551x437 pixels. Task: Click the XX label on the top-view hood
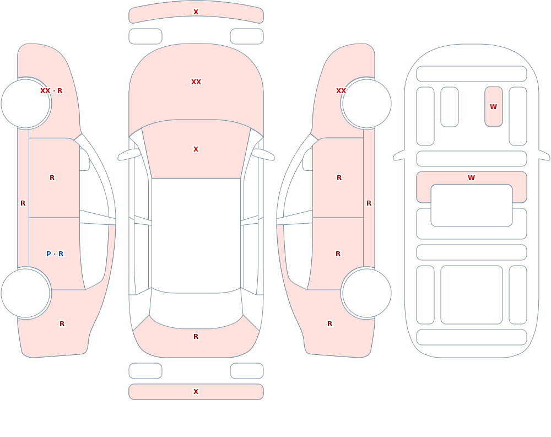196,82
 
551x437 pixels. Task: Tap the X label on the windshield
196,149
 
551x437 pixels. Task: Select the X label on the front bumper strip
196,12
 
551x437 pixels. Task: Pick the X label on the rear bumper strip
196,392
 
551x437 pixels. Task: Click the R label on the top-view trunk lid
196,337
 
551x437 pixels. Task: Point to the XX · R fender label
51,91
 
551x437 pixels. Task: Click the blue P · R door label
55,254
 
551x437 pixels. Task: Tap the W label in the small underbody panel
493,106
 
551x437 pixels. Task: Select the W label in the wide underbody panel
472,178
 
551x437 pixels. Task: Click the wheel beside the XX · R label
26,104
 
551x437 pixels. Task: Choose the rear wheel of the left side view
26,293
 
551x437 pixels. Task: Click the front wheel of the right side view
366,104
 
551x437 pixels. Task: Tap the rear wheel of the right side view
366,293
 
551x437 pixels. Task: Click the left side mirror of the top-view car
128,154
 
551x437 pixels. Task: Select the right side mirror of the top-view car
263,154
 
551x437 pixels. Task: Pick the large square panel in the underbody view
472,295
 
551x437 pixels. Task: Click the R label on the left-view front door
52,178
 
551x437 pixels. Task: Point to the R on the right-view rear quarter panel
329,324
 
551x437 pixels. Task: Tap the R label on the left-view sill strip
23,203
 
